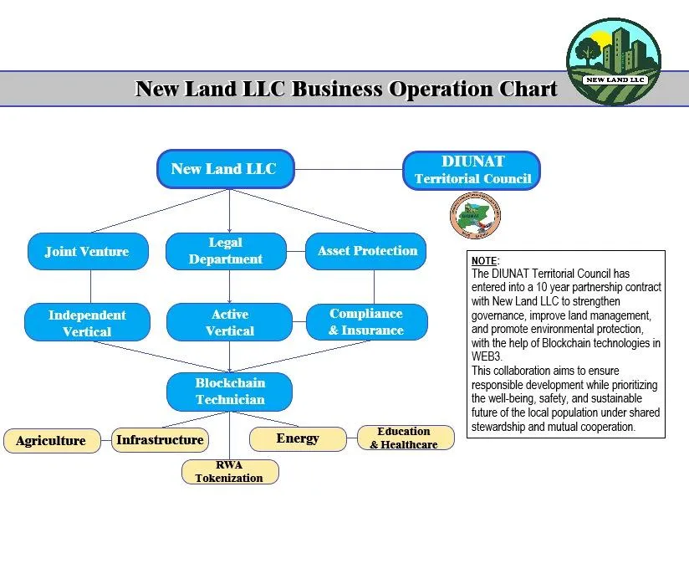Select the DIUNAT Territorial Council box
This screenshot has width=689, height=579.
(472, 170)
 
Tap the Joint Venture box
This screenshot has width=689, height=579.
(88, 251)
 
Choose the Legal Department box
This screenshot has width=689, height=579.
(226, 251)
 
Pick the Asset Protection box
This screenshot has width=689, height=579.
(366, 251)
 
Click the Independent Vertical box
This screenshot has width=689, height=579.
(88, 323)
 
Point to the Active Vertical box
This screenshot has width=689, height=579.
(230, 323)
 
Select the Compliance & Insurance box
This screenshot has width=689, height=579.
(366, 322)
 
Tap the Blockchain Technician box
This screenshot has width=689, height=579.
(230, 392)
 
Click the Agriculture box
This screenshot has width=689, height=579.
(51, 441)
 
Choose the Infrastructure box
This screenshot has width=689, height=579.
(160, 440)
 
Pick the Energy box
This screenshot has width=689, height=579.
(298, 438)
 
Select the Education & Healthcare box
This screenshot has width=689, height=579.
(405, 438)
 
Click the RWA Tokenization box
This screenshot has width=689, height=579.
(230, 472)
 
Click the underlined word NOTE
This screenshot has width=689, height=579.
(484, 261)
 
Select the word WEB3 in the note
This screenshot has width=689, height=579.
(487, 356)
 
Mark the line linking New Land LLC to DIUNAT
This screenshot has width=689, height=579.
(350, 170)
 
